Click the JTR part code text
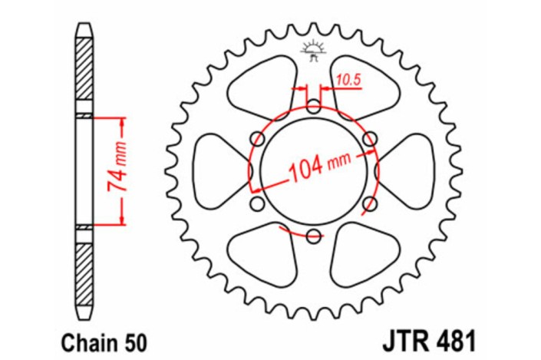coord(404,338)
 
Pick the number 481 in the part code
coord(454,338)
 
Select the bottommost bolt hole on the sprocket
coord(313,236)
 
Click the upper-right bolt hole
coord(370,139)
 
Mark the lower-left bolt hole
coord(257,204)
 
